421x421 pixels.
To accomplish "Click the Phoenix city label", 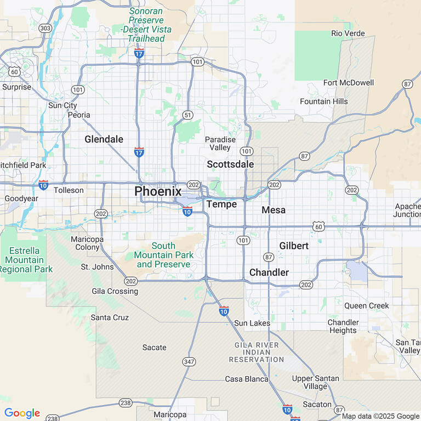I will click(x=158, y=191).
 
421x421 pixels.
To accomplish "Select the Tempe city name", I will click(x=221, y=204).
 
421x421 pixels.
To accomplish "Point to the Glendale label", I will click(x=104, y=139).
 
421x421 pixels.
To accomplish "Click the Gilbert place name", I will click(x=294, y=246).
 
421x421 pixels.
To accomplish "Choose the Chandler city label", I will click(x=269, y=272).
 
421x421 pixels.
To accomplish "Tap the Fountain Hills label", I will click(x=323, y=101).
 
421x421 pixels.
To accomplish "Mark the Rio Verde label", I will click(x=348, y=33).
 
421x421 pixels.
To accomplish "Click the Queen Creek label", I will click(x=366, y=305).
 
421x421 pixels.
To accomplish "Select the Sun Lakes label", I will click(x=252, y=323).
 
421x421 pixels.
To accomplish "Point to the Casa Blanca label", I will click(x=246, y=379).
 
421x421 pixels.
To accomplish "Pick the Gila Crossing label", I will click(x=115, y=291).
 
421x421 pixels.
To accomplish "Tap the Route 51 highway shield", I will click(x=188, y=115).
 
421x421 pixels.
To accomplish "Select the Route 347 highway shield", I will click(x=189, y=361).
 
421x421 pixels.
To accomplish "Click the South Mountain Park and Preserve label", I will click(x=163, y=255).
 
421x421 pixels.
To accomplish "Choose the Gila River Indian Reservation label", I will click(x=256, y=352).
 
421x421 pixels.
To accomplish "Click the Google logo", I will click(x=22, y=413).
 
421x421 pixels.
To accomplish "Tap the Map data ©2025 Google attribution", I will click(x=380, y=416).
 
